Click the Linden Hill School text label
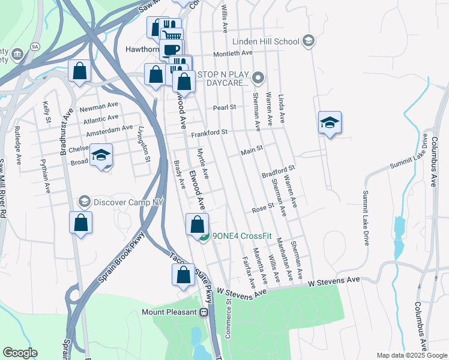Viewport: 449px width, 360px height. pos(265,41)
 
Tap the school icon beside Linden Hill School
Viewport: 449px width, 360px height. pos(309,41)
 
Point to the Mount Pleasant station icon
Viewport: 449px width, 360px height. pos(204,312)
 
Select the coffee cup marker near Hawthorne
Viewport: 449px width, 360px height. pos(172,50)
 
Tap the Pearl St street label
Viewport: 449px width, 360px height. pos(224,108)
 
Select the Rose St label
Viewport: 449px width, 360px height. pos(263,208)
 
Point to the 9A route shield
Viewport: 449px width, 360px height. pos(35,46)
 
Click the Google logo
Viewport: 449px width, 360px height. pos(20,353)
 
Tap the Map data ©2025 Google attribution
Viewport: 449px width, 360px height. pos(411,355)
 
